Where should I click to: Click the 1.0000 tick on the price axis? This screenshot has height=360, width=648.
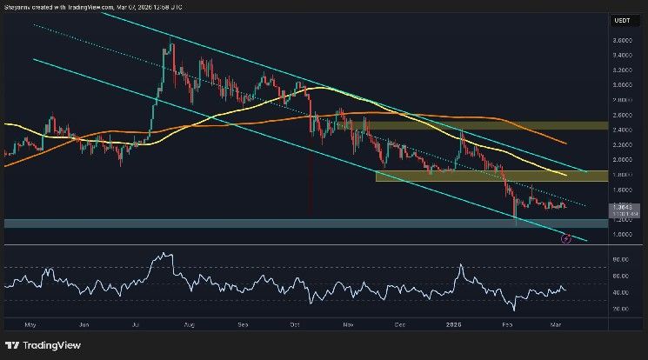pyautogui.click(x=621, y=234)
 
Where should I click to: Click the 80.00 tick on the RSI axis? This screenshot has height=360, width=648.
pyautogui.click(x=620, y=260)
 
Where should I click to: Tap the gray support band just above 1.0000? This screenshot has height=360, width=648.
pyautogui.click(x=261, y=223)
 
